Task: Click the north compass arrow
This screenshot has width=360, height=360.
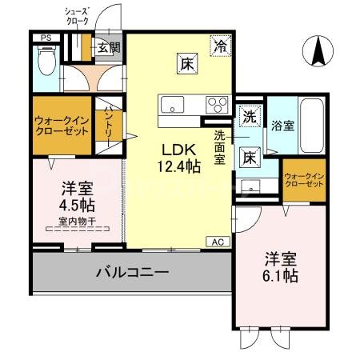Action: pyautogui.click(x=318, y=53)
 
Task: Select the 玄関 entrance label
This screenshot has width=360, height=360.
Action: pyautogui.click(x=109, y=48)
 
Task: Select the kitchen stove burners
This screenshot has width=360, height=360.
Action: pyautogui.click(x=217, y=104)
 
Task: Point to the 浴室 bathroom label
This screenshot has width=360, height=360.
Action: pyautogui.click(x=282, y=126)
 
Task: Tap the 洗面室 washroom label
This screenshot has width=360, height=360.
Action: pyautogui.click(x=221, y=147)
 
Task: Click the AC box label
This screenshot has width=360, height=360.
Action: pyautogui.click(x=218, y=241)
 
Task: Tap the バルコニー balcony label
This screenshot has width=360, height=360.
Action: pyautogui.click(x=133, y=273)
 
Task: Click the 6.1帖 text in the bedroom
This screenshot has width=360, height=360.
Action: pyautogui.click(x=282, y=277)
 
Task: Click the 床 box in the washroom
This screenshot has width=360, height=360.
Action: pyautogui.click(x=250, y=157)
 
